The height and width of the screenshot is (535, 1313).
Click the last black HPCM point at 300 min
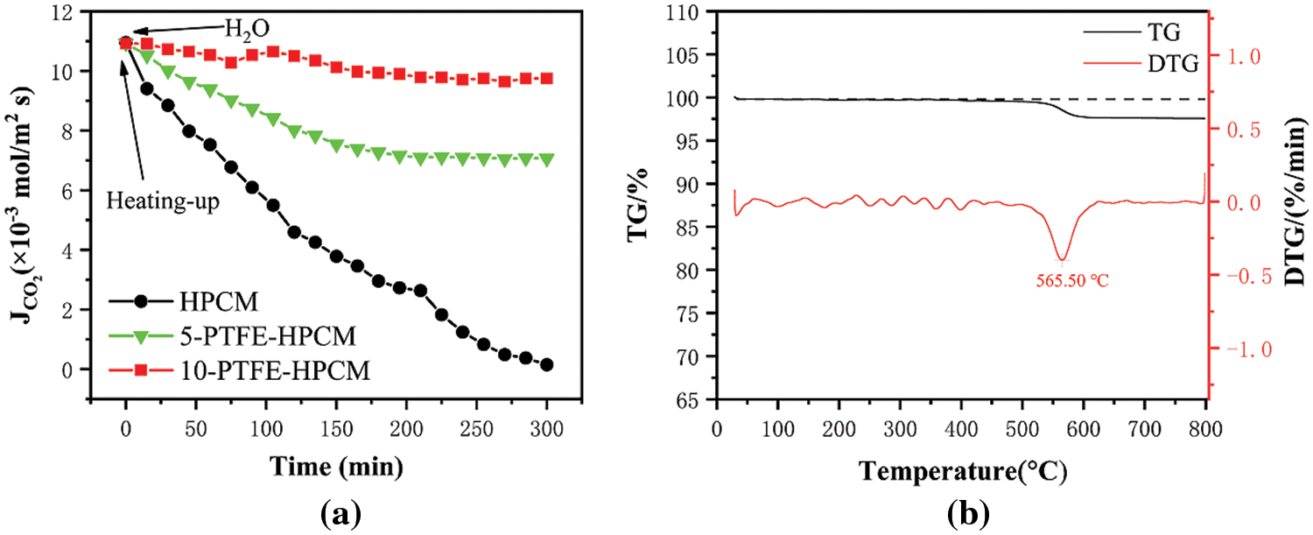coord(546,364)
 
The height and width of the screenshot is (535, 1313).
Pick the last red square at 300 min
coord(546,78)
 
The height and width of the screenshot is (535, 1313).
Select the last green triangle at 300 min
coord(546,159)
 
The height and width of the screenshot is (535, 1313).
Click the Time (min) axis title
coord(336,467)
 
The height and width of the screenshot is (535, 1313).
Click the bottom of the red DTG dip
coord(1063,260)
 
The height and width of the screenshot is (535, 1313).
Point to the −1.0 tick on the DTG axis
coord(1239,349)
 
